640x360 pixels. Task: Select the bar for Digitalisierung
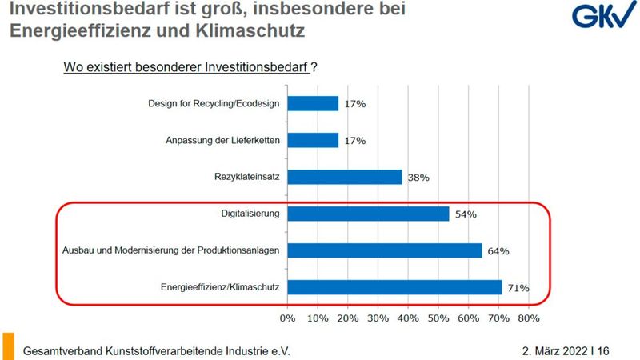(x=368, y=214)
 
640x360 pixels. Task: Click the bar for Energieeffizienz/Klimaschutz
(x=394, y=287)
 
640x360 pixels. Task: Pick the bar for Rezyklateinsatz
(x=344, y=177)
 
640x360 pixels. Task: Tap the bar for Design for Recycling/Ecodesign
(x=313, y=103)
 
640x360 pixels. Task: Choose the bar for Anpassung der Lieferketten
(x=313, y=140)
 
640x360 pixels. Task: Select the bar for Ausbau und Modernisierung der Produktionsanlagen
(x=384, y=250)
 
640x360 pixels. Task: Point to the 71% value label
(x=518, y=288)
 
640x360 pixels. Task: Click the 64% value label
(x=497, y=251)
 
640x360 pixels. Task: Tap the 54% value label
(x=466, y=214)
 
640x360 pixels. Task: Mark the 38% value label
(x=417, y=178)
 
